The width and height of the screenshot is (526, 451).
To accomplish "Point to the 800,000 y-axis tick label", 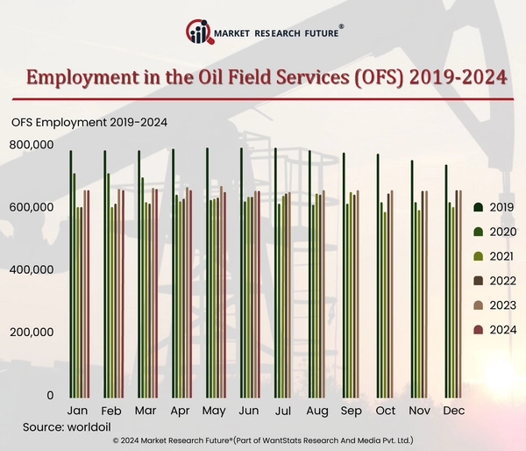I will point(33,144).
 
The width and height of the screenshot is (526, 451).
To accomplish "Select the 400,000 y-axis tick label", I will point(33,269).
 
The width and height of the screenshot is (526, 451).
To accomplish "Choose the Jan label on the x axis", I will point(77,411).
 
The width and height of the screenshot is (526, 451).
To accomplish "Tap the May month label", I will point(214,411).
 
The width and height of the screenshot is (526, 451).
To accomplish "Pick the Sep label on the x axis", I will point(351,411).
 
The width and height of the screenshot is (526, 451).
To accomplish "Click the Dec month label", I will point(453,411).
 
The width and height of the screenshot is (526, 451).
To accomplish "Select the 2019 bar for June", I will point(241,272).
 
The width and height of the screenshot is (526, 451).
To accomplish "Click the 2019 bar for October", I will point(378,276).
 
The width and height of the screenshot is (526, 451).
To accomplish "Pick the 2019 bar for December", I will point(446,281).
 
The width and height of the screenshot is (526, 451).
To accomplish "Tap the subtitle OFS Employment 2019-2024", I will point(89,122).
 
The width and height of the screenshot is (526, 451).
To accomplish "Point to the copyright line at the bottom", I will point(263,440).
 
